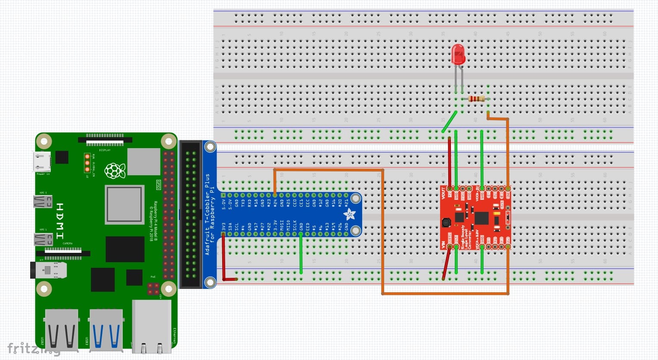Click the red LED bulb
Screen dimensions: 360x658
point(458,54)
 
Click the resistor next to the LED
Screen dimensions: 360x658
point(476,99)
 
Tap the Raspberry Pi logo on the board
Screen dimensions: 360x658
point(115,171)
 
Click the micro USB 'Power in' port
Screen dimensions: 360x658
point(42,162)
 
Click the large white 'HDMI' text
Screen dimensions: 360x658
point(60,221)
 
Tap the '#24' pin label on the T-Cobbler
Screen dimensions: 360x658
point(275,202)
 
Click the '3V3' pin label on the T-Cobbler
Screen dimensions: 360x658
point(223,227)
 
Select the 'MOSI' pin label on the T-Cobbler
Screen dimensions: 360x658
point(282,227)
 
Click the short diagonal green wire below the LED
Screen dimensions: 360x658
point(450,121)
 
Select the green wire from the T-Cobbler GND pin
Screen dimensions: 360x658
point(301,254)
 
